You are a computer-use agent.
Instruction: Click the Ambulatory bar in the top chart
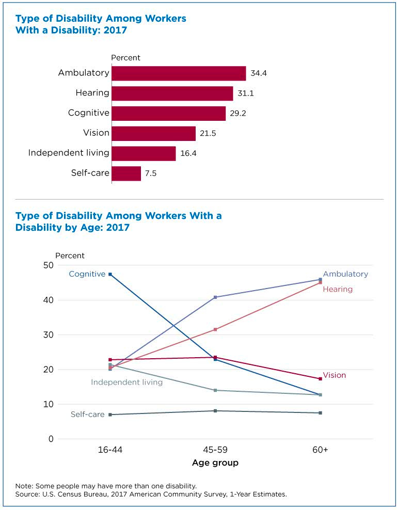(179, 73)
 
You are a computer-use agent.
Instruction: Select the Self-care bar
(126, 173)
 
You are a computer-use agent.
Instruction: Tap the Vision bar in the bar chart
(153, 134)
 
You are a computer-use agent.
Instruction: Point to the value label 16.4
(188, 153)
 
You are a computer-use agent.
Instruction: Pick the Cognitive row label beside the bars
(89, 113)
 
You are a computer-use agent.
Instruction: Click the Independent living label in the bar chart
(69, 153)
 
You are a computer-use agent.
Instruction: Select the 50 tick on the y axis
(48, 265)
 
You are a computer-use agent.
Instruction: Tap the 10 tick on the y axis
(48, 404)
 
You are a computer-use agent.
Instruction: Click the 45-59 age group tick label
(215, 450)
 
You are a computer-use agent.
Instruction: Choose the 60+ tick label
(320, 450)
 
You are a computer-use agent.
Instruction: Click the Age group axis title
(215, 463)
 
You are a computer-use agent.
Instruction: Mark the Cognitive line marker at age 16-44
(110, 274)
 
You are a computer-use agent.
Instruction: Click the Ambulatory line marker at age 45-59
(215, 297)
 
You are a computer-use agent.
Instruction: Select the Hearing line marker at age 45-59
(215, 329)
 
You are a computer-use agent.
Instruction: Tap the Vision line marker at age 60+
(321, 379)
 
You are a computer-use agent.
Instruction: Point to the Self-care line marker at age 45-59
(215, 411)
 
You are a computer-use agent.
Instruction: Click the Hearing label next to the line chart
(338, 290)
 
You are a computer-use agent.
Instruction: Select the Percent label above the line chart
(70, 256)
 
